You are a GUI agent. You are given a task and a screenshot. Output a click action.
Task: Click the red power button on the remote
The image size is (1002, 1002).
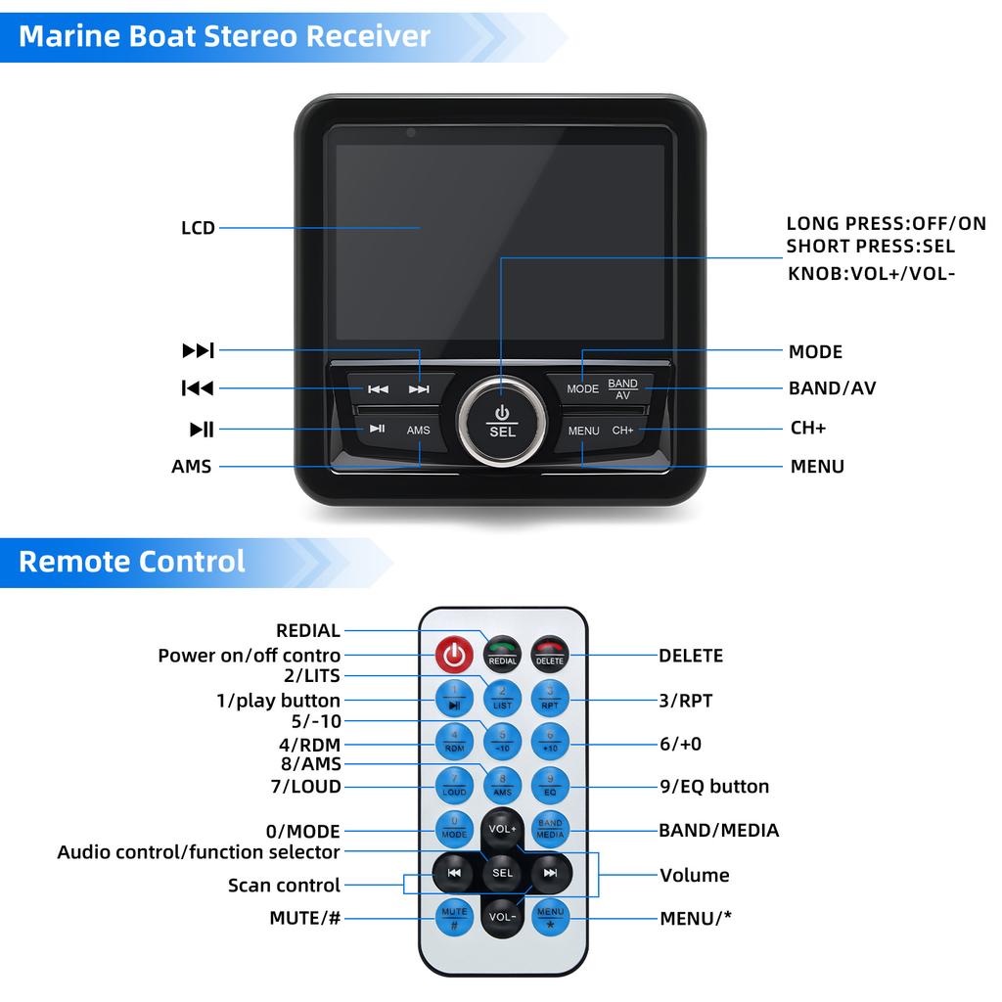[x=453, y=654]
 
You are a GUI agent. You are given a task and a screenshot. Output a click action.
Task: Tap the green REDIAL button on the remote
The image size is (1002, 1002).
[x=502, y=654]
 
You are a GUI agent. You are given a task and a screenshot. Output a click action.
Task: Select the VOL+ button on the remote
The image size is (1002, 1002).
[x=502, y=828]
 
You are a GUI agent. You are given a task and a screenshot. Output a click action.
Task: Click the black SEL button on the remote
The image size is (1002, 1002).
[x=502, y=872]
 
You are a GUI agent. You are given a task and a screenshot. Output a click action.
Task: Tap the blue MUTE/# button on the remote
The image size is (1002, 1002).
[x=454, y=917]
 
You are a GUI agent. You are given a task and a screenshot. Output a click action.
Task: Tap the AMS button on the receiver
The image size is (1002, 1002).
[x=419, y=430]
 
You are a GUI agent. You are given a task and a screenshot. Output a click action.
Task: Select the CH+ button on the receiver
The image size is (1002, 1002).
[x=623, y=430]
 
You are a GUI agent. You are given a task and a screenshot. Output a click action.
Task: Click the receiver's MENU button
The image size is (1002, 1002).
[x=583, y=430]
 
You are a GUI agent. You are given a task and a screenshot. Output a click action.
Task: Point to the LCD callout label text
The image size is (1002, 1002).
[x=198, y=229]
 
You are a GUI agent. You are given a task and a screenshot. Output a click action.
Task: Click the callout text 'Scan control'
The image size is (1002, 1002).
[x=284, y=886]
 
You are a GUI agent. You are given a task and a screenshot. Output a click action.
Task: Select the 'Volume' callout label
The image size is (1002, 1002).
[x=694, y=875]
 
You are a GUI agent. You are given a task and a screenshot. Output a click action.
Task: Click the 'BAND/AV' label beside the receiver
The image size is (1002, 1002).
[x=832, y=388]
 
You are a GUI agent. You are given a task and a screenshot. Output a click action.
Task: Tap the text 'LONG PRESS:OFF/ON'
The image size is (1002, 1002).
[x=886, y=224]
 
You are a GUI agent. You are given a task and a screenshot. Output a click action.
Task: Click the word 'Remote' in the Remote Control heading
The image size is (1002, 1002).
[x=73, y=562]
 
